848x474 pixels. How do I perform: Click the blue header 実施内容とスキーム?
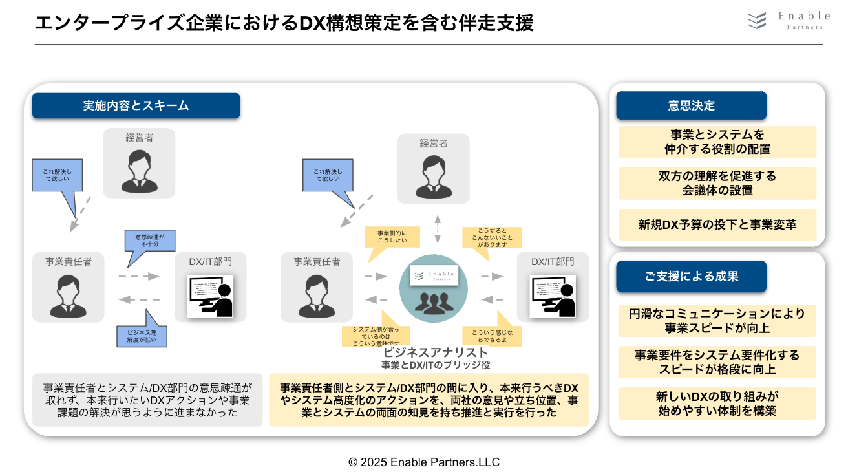point(136,106)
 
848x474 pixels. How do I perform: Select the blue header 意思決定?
point(691,106)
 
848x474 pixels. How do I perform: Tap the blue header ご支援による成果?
point(691,276)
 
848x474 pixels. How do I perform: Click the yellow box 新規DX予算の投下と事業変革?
point(717,225)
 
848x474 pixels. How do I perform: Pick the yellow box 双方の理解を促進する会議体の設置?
point(717,184)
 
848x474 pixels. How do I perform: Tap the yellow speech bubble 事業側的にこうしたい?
point(392,238)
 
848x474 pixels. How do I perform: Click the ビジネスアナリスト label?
point(435,352)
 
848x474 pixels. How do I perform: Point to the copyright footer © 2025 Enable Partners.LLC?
point(424,462)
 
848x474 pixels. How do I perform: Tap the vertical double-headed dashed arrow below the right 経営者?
point(437,228)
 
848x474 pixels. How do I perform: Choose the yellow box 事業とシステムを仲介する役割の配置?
point(717,142)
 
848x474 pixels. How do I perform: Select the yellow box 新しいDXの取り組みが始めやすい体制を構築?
point(717,404)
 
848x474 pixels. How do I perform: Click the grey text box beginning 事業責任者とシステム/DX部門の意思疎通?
point(147,400)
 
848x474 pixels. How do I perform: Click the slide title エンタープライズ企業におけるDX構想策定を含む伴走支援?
point(284,23)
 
